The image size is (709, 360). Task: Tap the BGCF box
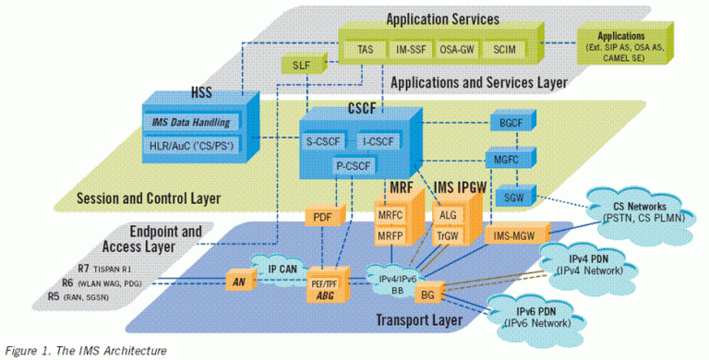pyautogui.click(x=507, y=123)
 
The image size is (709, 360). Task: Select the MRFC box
pyautogui.click(x=391, y=216)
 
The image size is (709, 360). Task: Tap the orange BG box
pyautogui.click(x=427, y=294)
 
